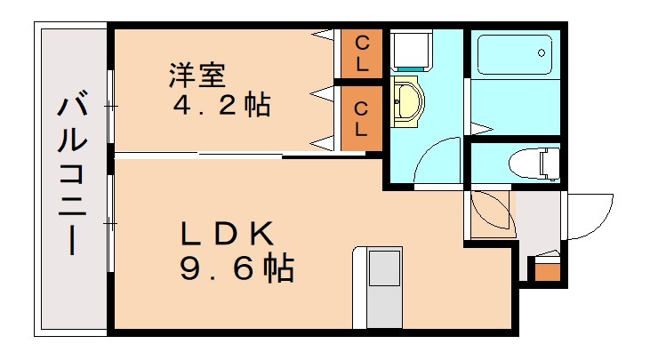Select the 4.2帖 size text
click(x=221, y=107)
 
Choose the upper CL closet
click(x=362, y=52)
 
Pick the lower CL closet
click(x=362, y=118)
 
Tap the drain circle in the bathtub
click(x=542, y=53)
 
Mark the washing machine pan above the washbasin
click(x=411, y=50)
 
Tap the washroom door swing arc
click(x=436, y=162)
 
